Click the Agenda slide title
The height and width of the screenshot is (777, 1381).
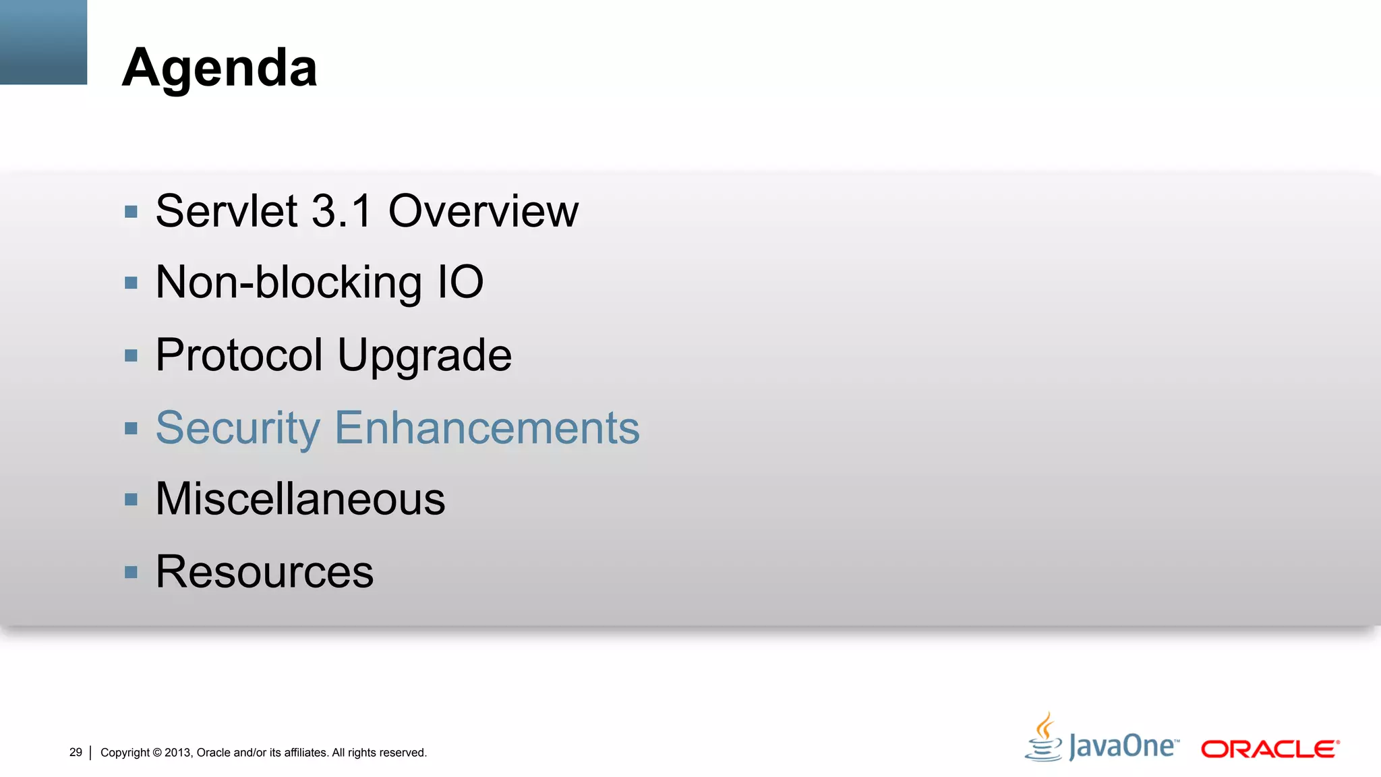tap(219, 68)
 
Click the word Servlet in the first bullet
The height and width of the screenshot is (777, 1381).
tap(227, 211)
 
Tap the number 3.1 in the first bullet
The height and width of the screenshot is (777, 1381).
tap(342, 211)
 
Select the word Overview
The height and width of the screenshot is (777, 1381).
tap(483, 211)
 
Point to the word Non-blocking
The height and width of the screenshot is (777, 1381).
tap(289, 283)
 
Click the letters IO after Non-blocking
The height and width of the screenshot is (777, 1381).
tap(461, 283)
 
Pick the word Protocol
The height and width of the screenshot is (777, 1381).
tap(239, 355)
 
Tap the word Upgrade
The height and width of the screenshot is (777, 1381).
tap(424, 356)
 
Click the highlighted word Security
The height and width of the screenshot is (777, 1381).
tap(238, 428)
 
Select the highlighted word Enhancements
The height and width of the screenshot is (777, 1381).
tap(487, 428)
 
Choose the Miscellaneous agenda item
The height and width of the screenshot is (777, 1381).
tap(300, 499)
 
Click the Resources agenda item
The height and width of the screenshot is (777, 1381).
tap(264, 571)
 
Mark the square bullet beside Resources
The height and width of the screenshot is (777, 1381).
tap(131, 573)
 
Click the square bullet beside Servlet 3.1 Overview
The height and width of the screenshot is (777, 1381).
tap(131, 212)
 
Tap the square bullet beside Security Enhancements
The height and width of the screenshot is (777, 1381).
tap(131, 428)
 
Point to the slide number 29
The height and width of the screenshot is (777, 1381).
tap(76, 752)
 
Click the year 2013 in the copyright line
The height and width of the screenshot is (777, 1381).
tap(178, 753)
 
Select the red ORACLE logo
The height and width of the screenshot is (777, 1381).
tap(1270, 749)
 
